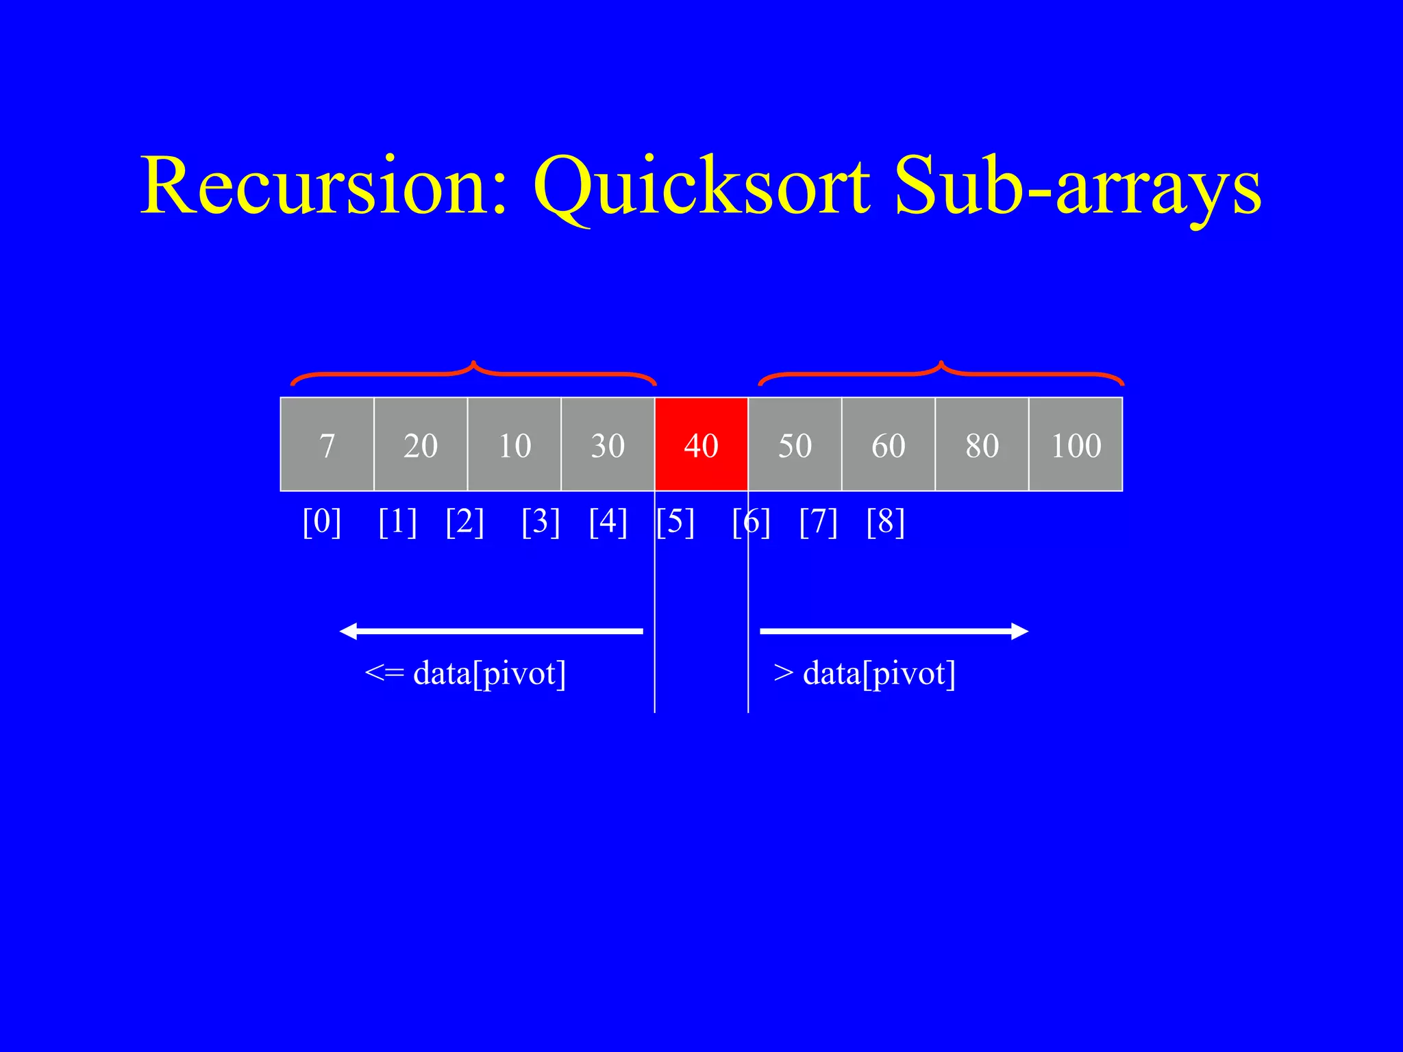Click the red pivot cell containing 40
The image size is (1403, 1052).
click(701, 444)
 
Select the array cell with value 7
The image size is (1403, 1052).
click(327, 444)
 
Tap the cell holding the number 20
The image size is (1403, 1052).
click(421, 444)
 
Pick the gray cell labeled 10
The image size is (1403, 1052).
click(514, 444)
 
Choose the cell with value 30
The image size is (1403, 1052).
click(608, 444)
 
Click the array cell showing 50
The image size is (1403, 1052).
click(795, 444)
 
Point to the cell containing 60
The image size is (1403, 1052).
click(888, 444)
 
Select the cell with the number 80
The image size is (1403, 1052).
click(982, 444)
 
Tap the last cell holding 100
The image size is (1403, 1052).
click(1076, 444)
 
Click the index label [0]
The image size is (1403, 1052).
click(322, 522)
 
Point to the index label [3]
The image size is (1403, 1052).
click(541, 522)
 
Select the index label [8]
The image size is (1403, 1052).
click(885, 522)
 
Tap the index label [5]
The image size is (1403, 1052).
click(675, 522)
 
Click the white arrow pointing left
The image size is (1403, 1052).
click(491, 631)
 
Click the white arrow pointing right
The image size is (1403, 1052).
click(894, 631)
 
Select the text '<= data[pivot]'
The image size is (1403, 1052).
click(465, 673)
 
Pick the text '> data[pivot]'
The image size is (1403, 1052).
click(865, 673)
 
